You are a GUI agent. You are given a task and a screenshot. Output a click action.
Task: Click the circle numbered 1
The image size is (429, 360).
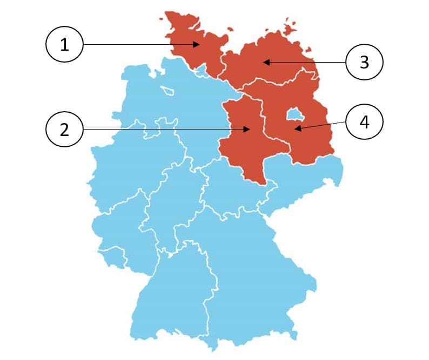pos(64,45)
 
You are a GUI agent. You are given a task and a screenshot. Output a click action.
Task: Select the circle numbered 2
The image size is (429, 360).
pos(64,129)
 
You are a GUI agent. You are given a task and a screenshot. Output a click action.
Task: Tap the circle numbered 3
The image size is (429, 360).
pos(364,62)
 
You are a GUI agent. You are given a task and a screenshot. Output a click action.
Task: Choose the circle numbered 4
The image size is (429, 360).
pos(364,122)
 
